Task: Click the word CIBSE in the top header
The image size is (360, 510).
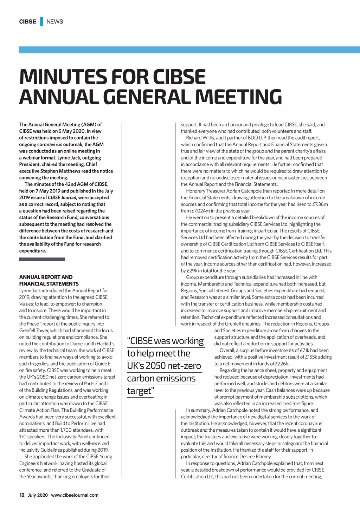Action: (27, 21)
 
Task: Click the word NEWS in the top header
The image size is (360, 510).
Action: (54, 21)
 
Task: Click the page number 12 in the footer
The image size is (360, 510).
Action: (22, 495)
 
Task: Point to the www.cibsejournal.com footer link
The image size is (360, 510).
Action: (75, 495)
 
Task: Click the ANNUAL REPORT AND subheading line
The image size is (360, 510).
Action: (46, 277)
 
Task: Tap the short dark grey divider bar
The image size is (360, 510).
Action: (42, 259)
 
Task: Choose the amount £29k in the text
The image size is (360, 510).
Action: (192, 270)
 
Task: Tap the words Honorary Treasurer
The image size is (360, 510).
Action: (206, 191)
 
